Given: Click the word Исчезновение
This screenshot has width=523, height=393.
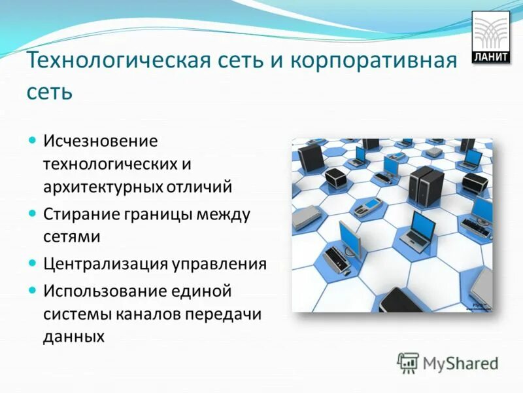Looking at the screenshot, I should (101, 141).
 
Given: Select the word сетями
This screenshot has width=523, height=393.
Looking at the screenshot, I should (72, 236).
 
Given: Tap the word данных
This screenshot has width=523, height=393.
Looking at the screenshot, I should (74, 336).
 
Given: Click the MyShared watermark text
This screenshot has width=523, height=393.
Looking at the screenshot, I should (460, 363).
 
